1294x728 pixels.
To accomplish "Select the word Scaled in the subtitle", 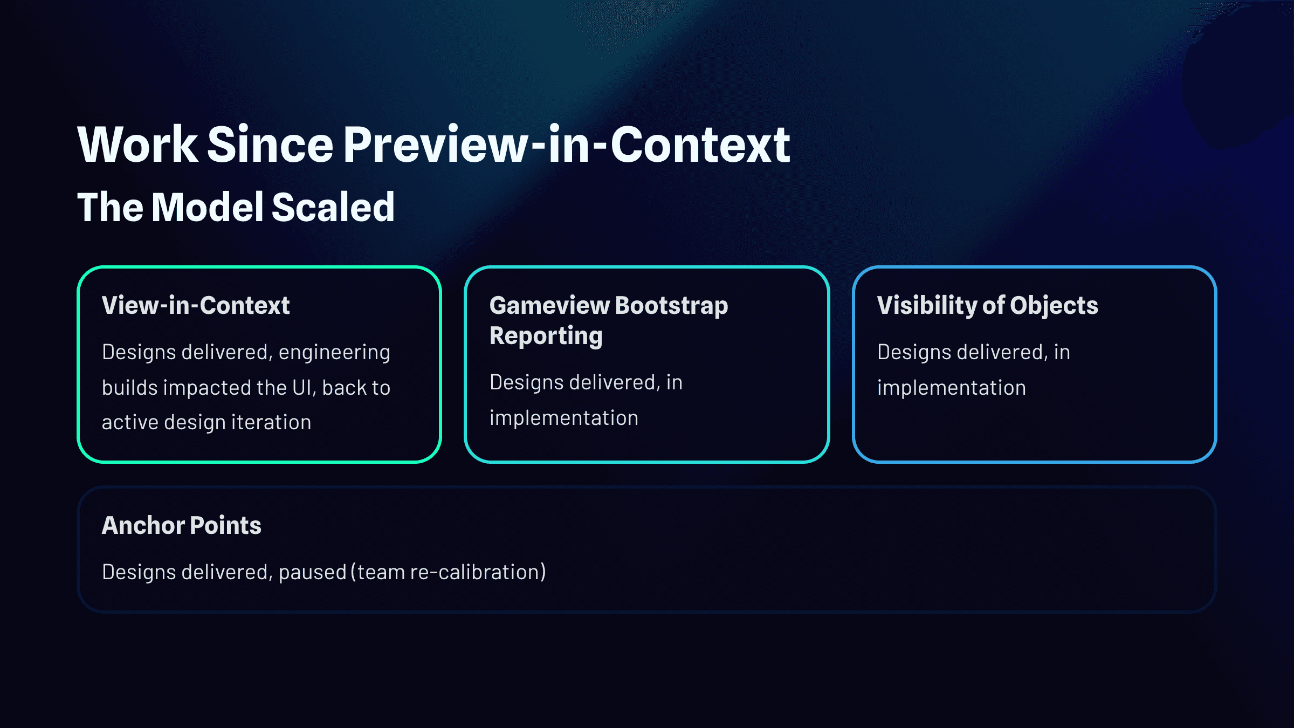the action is pyautogui.click(x=333, y=207).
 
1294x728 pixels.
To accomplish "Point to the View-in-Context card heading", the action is pyautogui.click(x=196, y=305).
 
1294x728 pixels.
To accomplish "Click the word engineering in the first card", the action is pyautogui.click(x=334, y=353).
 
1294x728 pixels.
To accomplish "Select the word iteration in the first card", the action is pyautogui.click(x=271, y=422).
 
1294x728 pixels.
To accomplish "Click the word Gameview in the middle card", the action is pyautogui.click(x=549, y=305).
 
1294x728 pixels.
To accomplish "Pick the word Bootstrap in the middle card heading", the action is pyautogui.click(x=672, y=305).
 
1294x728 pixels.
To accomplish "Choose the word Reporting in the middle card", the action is pyautogui.click(x=546, y=336).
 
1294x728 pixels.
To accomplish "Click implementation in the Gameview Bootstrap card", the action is pyautogui.click(x=564, y=418).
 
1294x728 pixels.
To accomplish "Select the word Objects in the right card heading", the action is pyautogui.click(x=1054, y=305).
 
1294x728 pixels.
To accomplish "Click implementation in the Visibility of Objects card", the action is pyautogui.click(x=952, y=388).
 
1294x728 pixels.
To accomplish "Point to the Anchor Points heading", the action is pyautogui.click(x=182, y=525).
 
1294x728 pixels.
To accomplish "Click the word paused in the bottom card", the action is pyautogui.click(x=312, y=572).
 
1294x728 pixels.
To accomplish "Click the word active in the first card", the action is pyautogui.click(x=129, y=422).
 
